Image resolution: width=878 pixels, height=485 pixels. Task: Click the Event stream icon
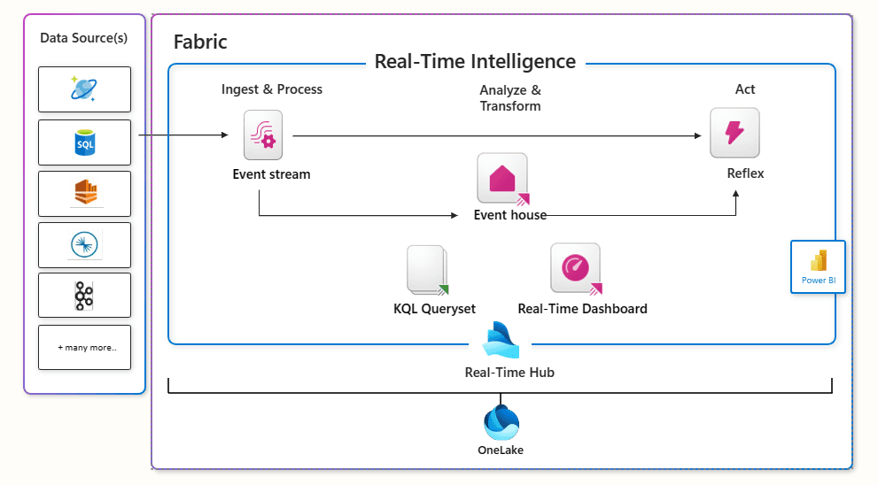263,135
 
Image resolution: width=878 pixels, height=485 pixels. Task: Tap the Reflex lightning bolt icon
734,133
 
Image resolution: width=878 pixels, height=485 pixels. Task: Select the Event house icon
502,178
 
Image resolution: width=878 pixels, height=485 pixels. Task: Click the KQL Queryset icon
428,269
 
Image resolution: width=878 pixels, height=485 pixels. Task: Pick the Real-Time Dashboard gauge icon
576,268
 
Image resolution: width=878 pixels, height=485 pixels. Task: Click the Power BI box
818,266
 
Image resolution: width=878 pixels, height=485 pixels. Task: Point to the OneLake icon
501,422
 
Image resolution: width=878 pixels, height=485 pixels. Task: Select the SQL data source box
85,142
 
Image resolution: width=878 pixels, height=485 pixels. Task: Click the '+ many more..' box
85,348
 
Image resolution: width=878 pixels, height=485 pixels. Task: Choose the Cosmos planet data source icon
84,89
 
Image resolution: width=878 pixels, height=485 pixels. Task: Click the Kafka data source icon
84,296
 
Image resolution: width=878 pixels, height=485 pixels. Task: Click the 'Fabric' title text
200,42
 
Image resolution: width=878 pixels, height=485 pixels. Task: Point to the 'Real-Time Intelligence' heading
475,62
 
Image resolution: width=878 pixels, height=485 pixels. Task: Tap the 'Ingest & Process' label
272,89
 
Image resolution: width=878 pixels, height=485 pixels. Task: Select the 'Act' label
745,89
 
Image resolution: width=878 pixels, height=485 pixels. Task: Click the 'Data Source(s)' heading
84,38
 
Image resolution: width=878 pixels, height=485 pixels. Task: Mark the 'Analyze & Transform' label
510,98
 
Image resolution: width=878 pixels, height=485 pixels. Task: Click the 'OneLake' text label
501,450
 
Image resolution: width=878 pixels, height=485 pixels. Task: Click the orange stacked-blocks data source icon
85,194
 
